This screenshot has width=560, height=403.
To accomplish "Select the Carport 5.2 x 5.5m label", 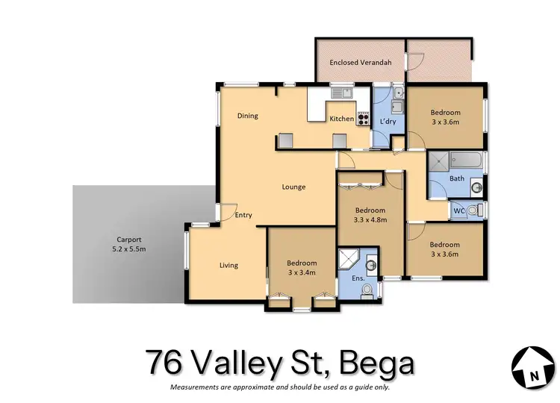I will coord(125,244).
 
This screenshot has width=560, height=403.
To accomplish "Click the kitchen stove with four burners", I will coord(364,117).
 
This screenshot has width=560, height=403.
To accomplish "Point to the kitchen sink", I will coord(343,93).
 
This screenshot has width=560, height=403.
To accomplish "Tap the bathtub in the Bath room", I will coord(464,160).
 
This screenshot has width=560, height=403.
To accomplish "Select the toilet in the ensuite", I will coord(366,296).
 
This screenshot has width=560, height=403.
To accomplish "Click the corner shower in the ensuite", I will coord(349,258).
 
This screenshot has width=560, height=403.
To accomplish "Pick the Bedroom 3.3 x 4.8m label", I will coord(370,215).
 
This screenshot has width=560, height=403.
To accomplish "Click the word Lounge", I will coord(293,187).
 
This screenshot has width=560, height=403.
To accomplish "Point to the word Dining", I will coord(248,116).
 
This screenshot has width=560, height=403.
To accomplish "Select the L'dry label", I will coord(388,121).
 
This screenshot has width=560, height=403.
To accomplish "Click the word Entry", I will coord(243,215).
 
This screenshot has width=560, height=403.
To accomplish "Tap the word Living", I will coord(228,265).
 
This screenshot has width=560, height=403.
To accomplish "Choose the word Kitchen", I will coord(341,119).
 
